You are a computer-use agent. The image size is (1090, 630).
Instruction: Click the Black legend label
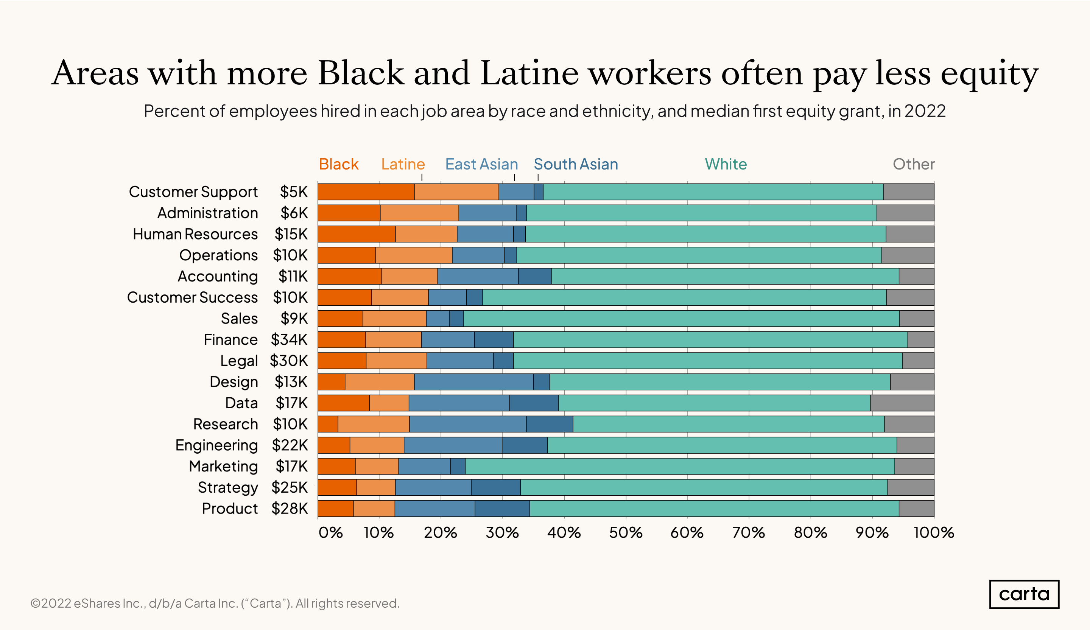pos(339,164)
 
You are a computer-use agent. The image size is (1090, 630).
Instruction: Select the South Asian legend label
pos(576,164)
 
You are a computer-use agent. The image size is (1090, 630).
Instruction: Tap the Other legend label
pos(914,164)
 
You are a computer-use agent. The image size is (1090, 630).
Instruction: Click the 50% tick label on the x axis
pos(626,532)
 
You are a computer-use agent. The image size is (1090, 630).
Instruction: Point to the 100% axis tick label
pos(933,532)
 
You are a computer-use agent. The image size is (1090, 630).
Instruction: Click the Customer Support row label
pos(193,191)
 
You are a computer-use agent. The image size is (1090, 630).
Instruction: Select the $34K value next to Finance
pos(289,339)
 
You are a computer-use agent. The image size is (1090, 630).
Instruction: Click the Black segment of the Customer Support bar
pos(366,191)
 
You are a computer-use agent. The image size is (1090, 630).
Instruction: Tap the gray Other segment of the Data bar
pos(902,403)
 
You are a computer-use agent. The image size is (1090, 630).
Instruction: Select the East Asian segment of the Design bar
pos(473,382)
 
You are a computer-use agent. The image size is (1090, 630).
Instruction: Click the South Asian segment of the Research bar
pos(549,424)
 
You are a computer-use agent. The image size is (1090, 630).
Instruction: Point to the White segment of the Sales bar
pos(681,319)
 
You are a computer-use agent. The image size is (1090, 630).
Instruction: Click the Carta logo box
pos(1024,594)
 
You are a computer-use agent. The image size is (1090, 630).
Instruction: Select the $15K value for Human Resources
pos(291,234)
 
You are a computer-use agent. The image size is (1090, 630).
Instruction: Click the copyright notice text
pos(215,603)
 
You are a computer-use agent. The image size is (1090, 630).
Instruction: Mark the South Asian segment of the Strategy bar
pos(496,487)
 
